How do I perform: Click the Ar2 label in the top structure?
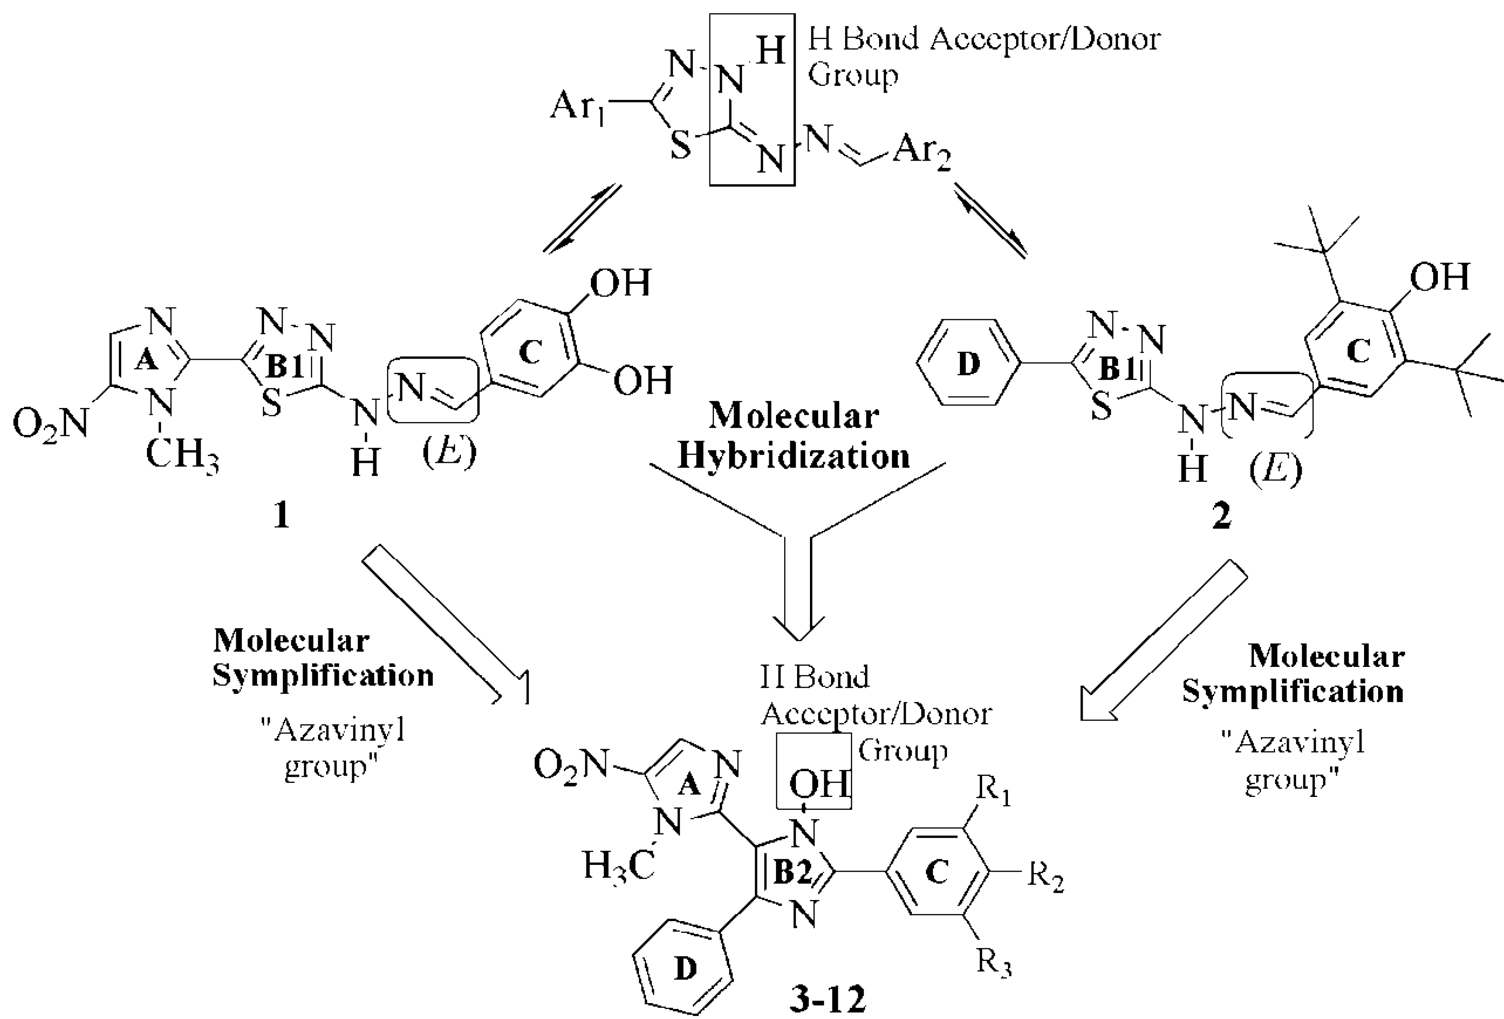[x=922, y=154]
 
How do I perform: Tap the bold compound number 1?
[x=281, y=516]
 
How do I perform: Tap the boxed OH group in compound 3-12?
[x=817, y=784]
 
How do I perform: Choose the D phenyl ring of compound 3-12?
[x=685, y=968]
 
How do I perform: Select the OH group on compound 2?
[x=1439, y=277]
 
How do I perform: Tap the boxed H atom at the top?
[x=771, y=51]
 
